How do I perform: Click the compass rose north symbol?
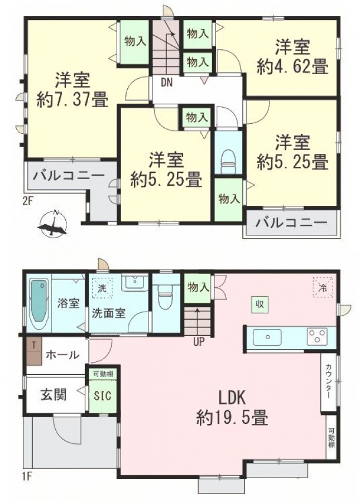tap(52, 223)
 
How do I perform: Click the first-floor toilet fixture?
tap(166, 296)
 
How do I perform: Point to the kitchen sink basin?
tap(267, 337)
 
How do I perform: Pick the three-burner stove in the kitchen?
tap(317, 337)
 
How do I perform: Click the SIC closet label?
tap(103, 395)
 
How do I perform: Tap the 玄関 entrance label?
tap(54, 394)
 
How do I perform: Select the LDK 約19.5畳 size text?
tap(232, 408)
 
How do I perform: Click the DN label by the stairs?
tap(166, 83)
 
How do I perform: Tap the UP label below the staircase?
tap(199, 342)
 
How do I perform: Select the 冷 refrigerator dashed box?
tap(323, 287)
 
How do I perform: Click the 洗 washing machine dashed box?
tap(102, 288)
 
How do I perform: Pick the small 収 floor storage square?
tap(260, 304)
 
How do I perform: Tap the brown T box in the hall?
tap(34, 351)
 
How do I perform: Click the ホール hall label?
tap(62, 355)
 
